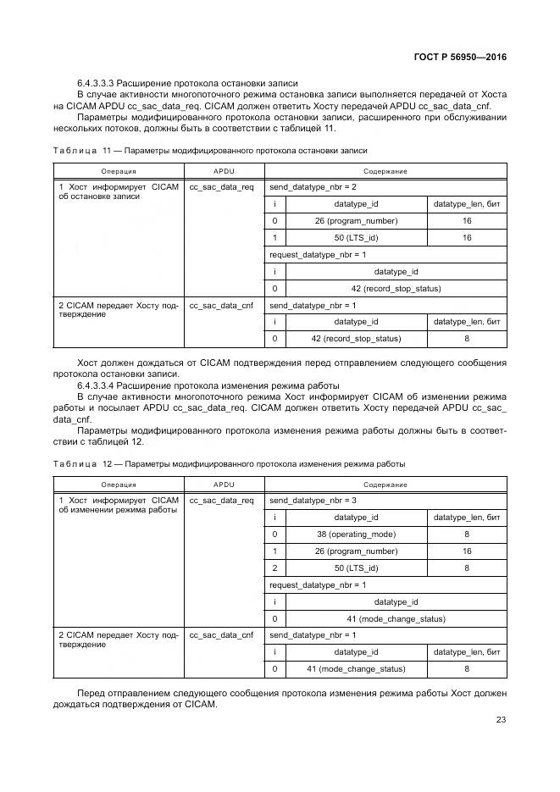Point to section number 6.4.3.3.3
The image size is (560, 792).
click(95, 82)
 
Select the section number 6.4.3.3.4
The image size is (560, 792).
click(95, 385)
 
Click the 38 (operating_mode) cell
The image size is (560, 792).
click(356, 534)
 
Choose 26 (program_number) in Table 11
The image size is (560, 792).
click(356, 221)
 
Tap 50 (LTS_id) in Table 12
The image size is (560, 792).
click(356, 568)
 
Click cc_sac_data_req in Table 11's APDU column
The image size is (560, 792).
click(222, 186)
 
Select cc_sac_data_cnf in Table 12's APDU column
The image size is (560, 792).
click(222, 634)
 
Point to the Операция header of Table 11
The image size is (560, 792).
click(119, 171)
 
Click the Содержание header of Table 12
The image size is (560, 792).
click(386, 485)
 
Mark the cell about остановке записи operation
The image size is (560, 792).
click(119, 191)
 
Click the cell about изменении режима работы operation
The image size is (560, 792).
click(119, 505)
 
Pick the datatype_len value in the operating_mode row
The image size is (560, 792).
click(467, 534)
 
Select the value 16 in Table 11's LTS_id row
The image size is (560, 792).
click(467, 238)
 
